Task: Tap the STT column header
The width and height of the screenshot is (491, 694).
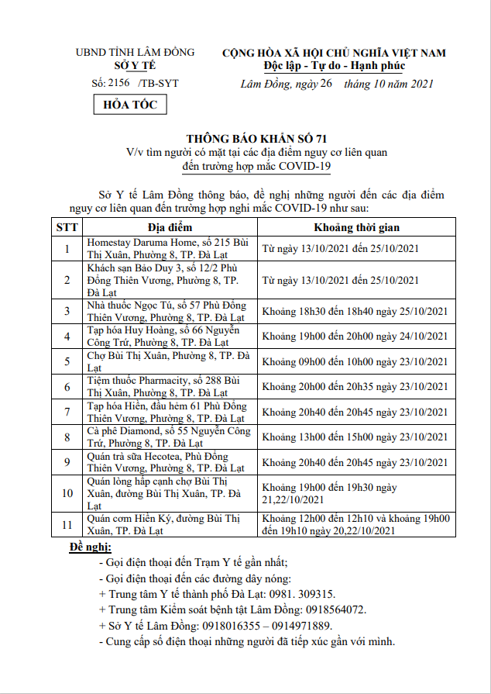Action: tap(67, 227)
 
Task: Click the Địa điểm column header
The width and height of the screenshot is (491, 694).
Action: tap(169, 227)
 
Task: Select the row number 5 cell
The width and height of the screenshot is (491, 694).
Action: tap(67, 362)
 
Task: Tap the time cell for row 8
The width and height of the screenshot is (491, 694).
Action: tap(355, 437)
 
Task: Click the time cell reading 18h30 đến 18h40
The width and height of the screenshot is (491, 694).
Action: tap(355, 311)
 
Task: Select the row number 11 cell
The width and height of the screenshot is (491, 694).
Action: tap(67, 525)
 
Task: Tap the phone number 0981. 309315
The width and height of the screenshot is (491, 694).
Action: tap(298, 594)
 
